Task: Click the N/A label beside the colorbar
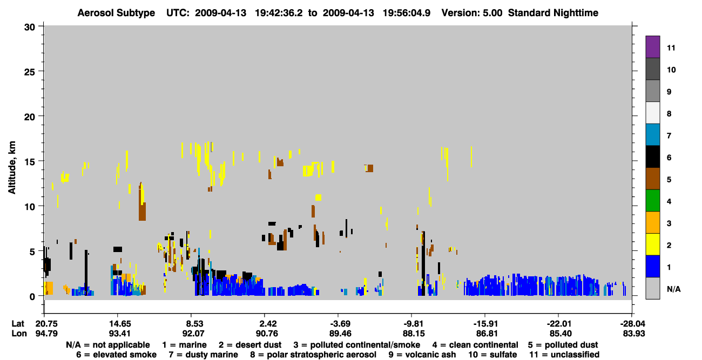[x=673, y=289]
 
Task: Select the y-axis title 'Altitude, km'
[x=11, y=168]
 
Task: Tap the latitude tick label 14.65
[x=120, y=324]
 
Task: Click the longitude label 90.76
[x=267, y=334]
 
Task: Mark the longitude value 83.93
[x=634, y=334]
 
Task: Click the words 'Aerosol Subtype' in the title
[x=116, y=13]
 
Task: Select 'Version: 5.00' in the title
[x=472, y=13]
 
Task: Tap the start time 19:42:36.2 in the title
[x=279, y=13]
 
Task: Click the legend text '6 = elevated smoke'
[x=116, y=355]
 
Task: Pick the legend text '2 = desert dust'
[x=250, y=345]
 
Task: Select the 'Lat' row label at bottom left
[x=18, y=324]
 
